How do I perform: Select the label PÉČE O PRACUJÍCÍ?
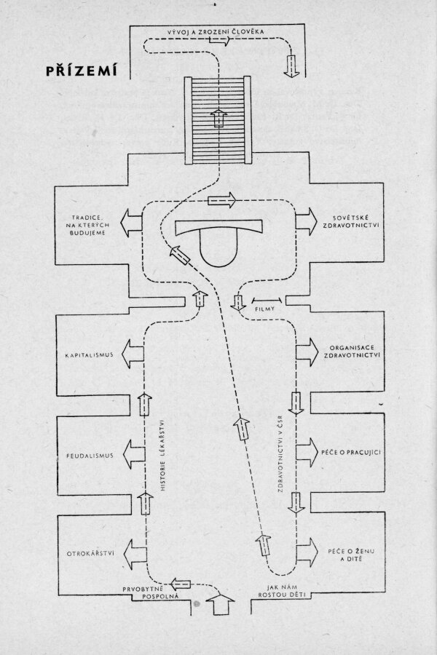[x=352, y=452]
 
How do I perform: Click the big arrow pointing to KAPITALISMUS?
[x=135, y=354]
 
